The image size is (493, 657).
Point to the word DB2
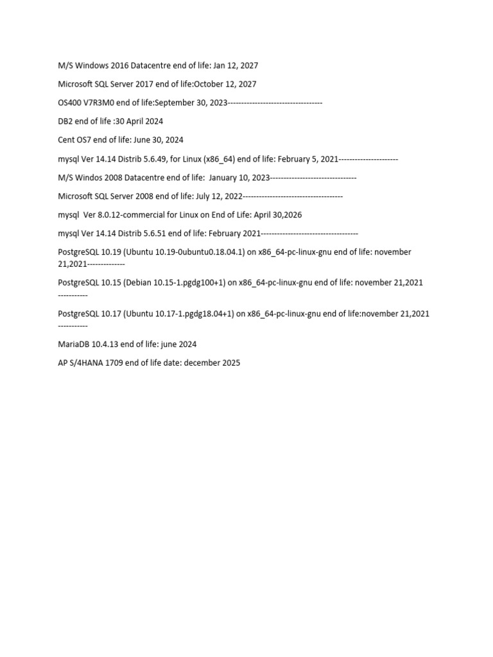point(65,121)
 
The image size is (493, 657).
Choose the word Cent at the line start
point(67,140)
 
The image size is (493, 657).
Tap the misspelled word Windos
point(91,177)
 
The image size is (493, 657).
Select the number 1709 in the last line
point(118,363)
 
